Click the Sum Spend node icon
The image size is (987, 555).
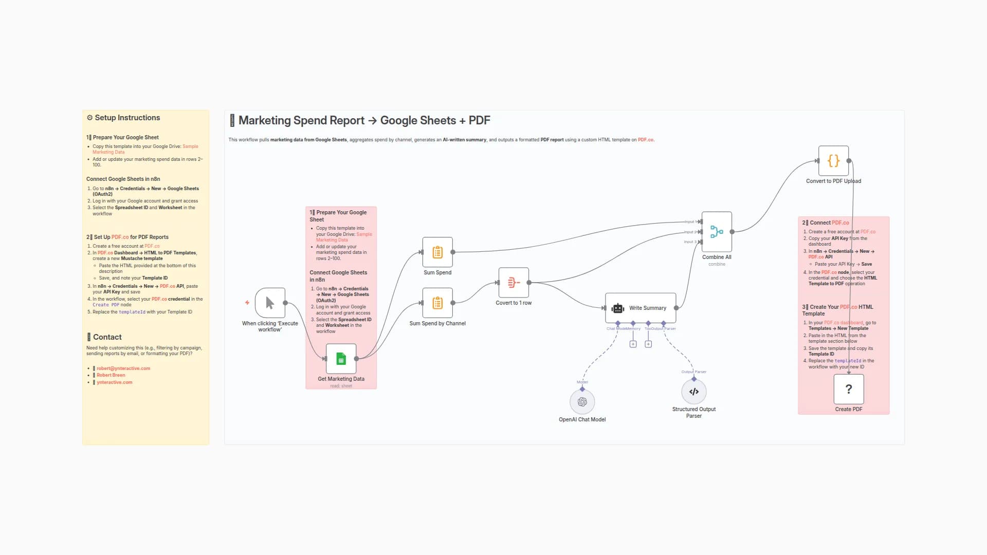coord(437,252)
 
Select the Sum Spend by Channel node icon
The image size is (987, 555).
coord(437,303)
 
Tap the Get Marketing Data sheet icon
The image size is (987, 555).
coord(341,359)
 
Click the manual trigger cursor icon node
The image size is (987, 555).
coord(270,303)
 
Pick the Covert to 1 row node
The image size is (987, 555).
coord(514,283)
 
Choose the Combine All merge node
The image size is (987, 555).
coord(717,232)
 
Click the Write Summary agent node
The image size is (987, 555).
coord(641,308)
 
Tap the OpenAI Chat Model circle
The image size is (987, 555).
coord(582,402)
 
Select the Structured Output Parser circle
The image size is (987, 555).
coord(694,392)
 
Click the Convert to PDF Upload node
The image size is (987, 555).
coord(833,161)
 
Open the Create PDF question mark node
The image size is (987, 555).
coord(849,390)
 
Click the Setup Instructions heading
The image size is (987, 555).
coord(127,118)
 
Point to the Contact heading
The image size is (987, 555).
coord(107,337)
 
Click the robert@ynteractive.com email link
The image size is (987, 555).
coord(123,368)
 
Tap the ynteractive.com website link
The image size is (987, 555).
coord(115,382)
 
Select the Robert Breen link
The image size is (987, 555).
coord(111,375)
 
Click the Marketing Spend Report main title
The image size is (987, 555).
coord(364,121)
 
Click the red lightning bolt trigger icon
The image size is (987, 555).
coord(247,303)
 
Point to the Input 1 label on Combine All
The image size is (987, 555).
coord(690,222)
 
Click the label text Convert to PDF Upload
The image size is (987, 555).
coord(833,181)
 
